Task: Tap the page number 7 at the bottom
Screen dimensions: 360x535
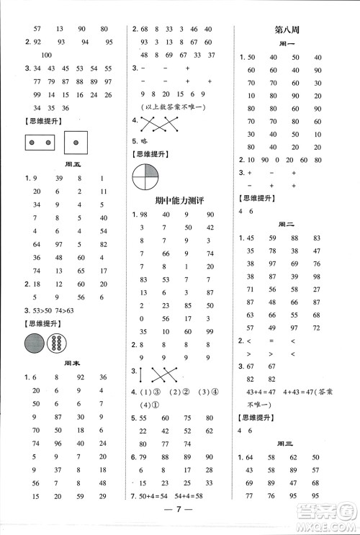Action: pos(180,521)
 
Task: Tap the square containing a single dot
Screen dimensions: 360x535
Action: pos(76,143)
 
